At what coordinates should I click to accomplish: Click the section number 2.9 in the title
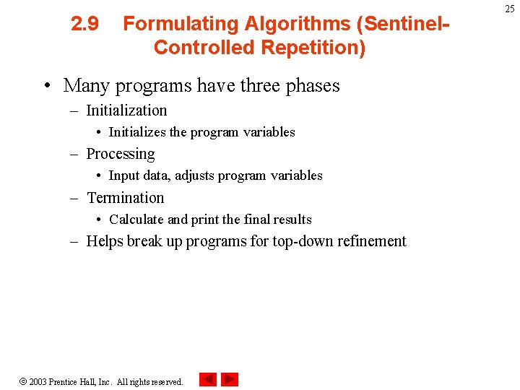85,25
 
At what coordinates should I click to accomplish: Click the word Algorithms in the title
297,25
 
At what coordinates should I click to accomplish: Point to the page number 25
510,9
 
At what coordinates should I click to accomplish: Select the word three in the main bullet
261,86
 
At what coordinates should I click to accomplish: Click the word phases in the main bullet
313,86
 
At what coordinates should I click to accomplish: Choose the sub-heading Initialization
126,110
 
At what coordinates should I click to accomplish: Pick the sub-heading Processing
121,154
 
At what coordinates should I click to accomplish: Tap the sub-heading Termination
126,198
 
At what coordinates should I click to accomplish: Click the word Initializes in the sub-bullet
137,132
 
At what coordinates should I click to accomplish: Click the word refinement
373,241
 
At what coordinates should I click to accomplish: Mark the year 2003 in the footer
38,381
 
